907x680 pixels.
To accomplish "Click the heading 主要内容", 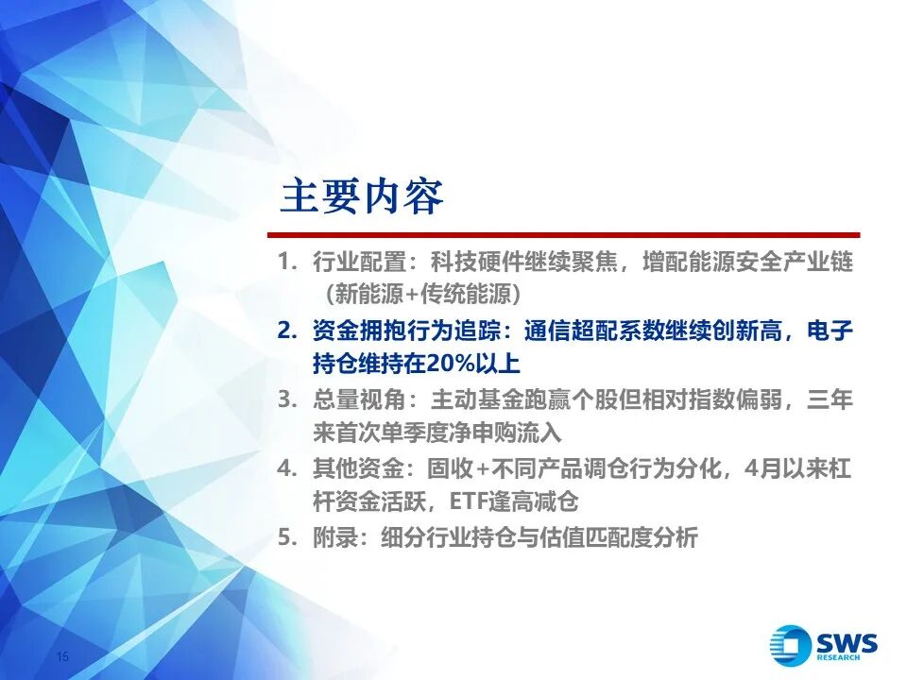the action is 362,196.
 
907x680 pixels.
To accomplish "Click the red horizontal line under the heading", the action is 563,235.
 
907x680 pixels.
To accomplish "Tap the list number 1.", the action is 286,262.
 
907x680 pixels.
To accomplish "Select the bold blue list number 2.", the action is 286,331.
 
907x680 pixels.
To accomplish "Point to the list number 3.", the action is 286,399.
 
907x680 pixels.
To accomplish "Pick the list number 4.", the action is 286,468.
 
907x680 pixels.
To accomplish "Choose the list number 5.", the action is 286,537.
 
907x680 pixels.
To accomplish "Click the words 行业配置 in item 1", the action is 359,262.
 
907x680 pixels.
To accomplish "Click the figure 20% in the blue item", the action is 451,364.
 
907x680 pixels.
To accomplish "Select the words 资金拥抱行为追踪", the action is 406,331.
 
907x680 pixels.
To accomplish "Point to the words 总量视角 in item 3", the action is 359,399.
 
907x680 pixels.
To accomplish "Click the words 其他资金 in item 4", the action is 359,468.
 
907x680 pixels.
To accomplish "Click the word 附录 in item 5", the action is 336,537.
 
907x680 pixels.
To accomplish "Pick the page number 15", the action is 62,656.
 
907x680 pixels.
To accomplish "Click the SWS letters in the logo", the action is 847,643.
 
